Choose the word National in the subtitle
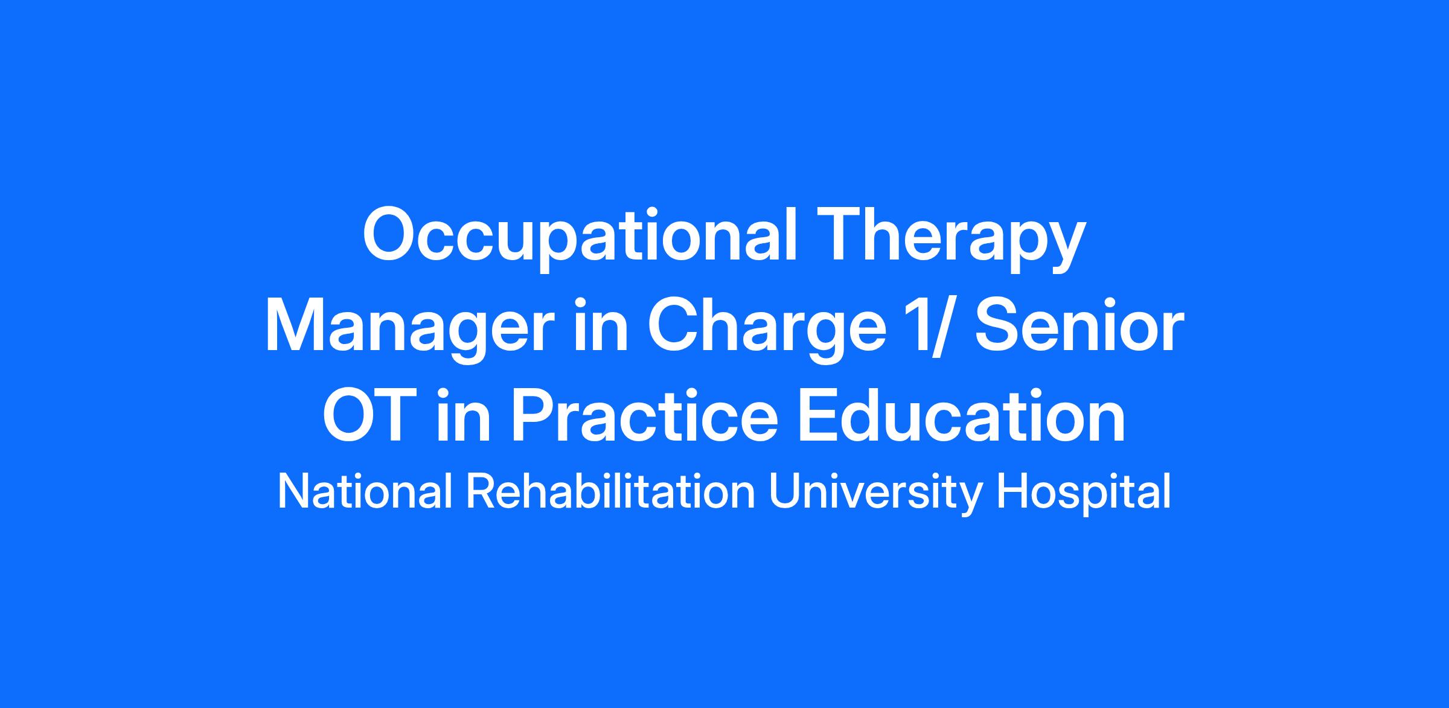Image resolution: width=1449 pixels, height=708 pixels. pyautogui.click(x=365, y=492)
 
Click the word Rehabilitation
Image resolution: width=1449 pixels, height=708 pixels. pyautogui.click(x=610, y=492)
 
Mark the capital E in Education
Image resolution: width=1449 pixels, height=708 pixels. pyautogui.click(x=819, y=416)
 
